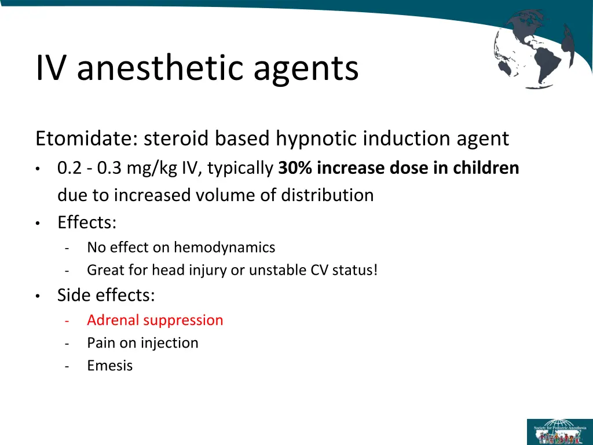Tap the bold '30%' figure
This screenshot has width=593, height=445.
pyautogui.click(x=296, y=168)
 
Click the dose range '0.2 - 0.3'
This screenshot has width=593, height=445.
pyautogui.click(x=90, y=168)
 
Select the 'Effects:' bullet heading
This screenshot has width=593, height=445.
pyautogui.click(x=87, y=222)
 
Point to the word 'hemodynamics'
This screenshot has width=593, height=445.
pyautogui.click(x=224, y=248)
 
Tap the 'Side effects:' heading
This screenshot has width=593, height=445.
pyautogui.click(x=106, y=296)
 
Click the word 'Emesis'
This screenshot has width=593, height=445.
pyautogui.click(x=109, y=366)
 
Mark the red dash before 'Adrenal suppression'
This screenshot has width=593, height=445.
pyautogui.click(x=68, y=320)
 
